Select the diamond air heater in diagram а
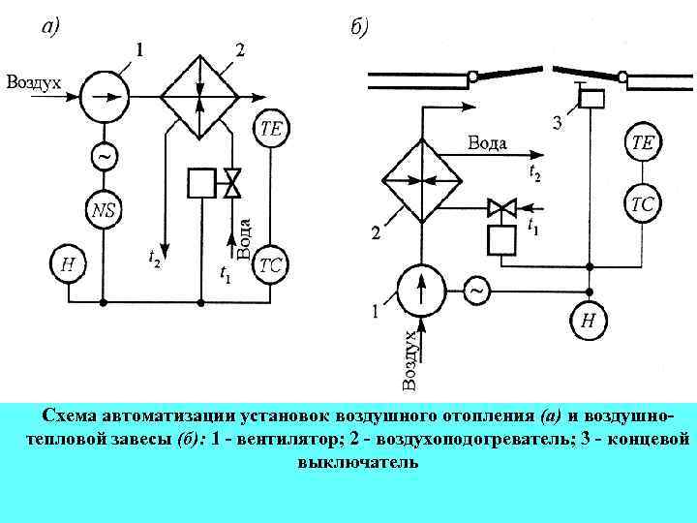[198, 96]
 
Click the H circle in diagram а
[66, 263]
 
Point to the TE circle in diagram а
[272, 131]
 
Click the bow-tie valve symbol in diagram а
[232, 181]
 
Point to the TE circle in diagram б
[643, 143]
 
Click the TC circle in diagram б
[643, 205]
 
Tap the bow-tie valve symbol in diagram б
[501, 206]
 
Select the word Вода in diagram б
[488, 143]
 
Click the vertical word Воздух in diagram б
[410, 359]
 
